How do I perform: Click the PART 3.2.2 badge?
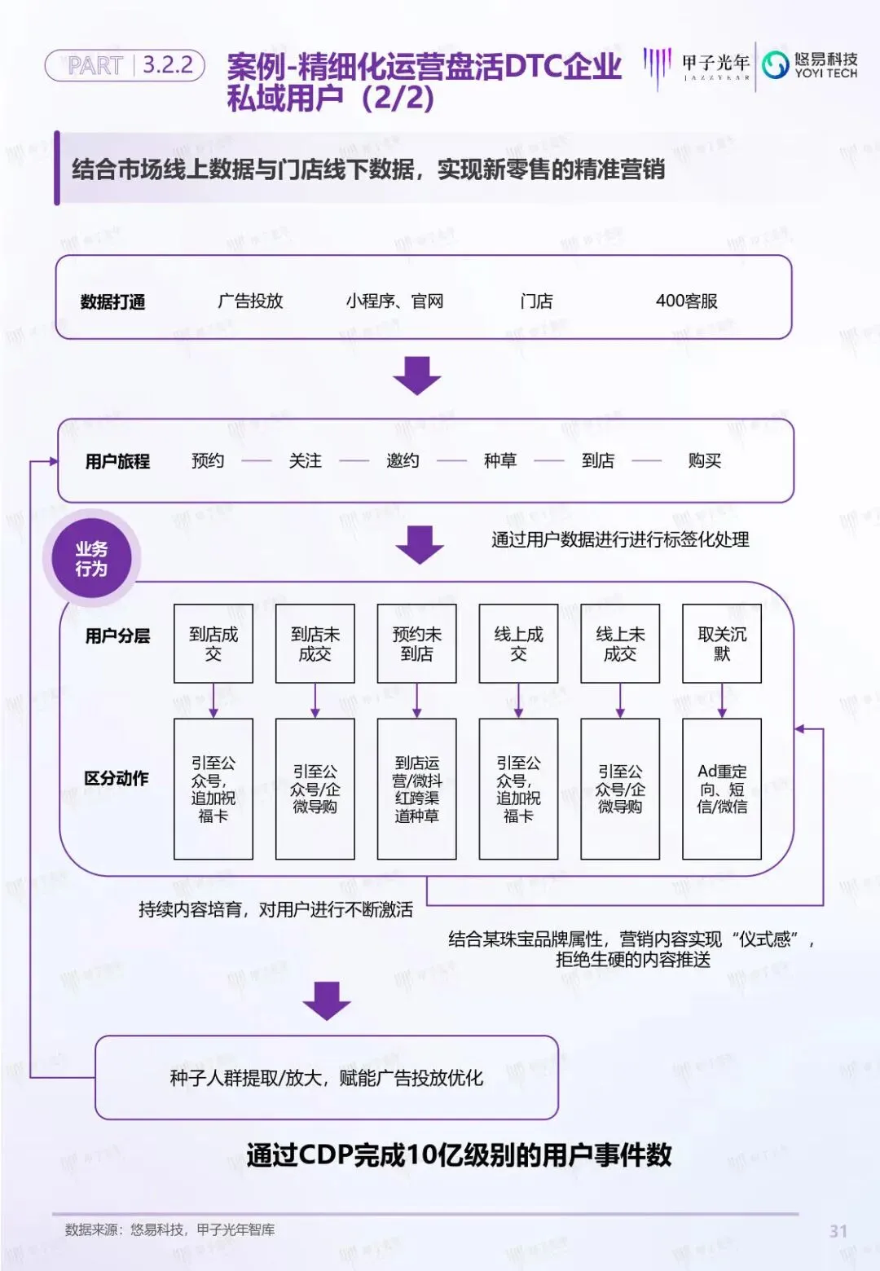coord(125,65)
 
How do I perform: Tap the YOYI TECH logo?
coord(810,65)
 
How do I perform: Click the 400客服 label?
coord(686,301)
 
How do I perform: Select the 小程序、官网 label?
coord(394,301)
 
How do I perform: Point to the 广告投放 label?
coord(250,301)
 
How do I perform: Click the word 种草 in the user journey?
coord(500,461)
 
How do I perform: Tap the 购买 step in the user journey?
coord(704,461)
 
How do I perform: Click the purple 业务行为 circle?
coord(91,559)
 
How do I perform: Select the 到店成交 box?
coord(213,644)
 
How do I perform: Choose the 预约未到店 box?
coord(417,644)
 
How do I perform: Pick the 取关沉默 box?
coord(722,644)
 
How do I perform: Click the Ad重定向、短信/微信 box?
coord(722,789)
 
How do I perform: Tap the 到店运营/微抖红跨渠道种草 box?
coord(417,789)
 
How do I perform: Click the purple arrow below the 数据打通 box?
coord(417,376)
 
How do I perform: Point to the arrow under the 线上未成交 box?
coord(620,701)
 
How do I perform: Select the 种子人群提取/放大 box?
coord(327,1078)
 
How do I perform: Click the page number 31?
coord(838,1231)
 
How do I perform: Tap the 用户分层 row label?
coord(117,636)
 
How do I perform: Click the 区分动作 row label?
coord(117,779)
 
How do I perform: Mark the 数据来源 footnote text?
coord(169,1230)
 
